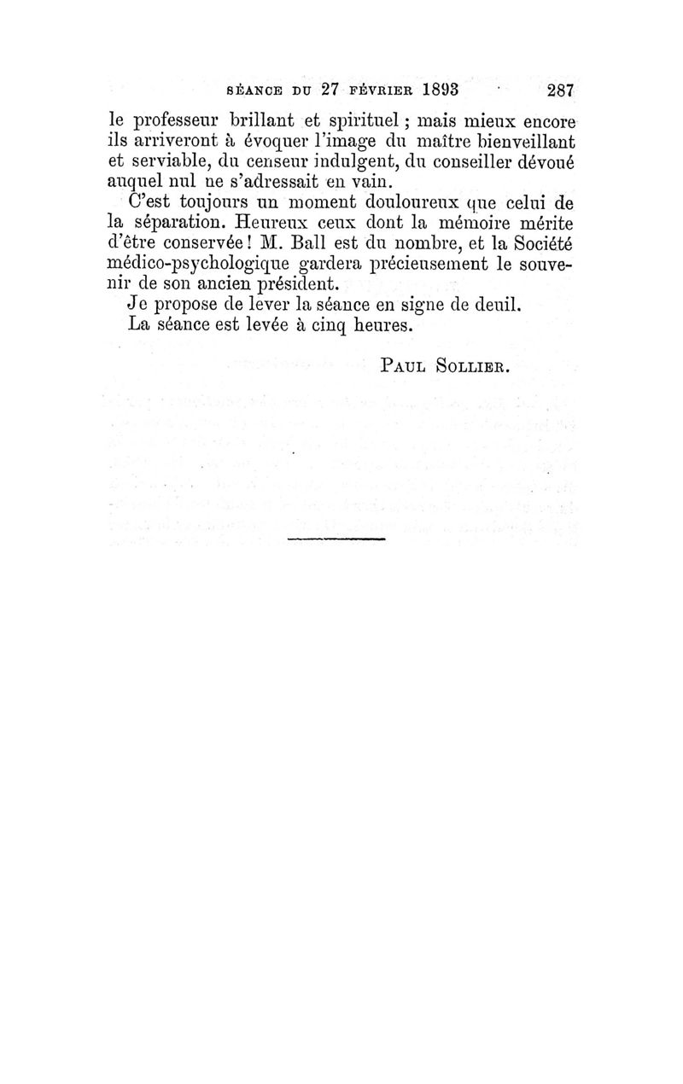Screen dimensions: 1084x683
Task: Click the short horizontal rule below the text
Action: [x=337, y=539]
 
